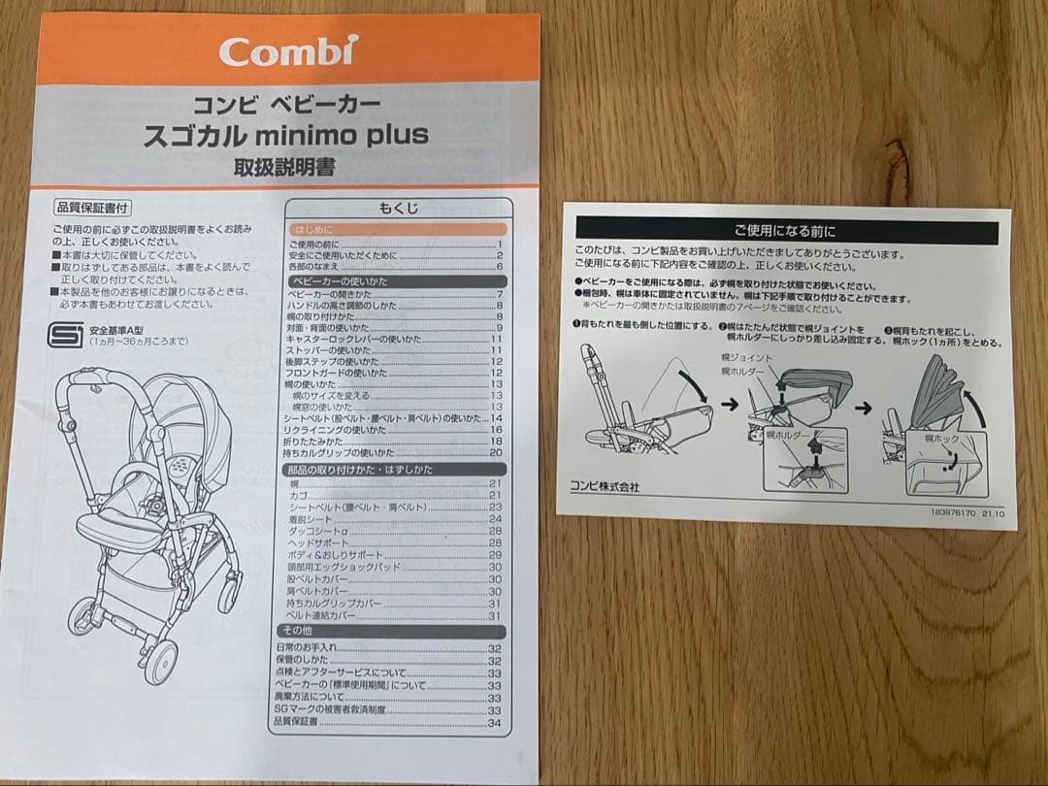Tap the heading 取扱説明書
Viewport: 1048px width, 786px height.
[283, 166]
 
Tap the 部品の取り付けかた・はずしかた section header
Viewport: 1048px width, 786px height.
[360, 470]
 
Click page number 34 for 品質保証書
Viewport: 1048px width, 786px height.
[495, 723]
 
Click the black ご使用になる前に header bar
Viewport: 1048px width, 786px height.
[787, 231]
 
